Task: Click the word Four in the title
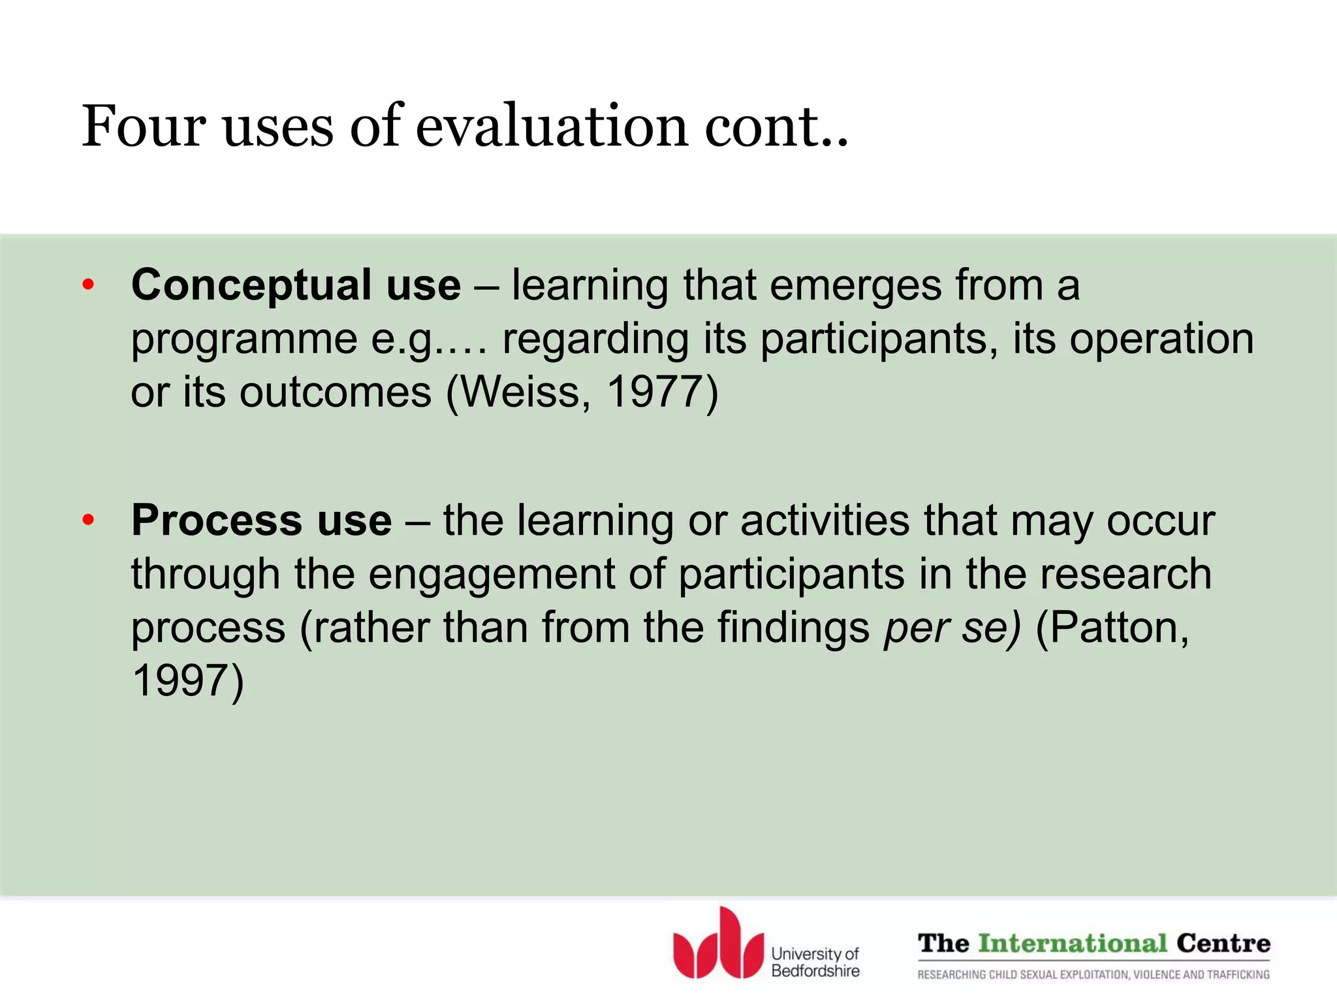click(144, 126)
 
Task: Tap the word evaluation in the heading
click(552, 126)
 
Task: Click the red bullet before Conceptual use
click(89, 285)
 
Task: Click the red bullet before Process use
click(89, 520)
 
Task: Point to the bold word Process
click(216, 520)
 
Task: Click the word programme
click(244, 339)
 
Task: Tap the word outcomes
click(336, 392)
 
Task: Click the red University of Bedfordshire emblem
click(718, 946)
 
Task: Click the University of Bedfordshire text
click(815, 962)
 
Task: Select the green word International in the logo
click(1072, 944)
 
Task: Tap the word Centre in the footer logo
click(1223, 944)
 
